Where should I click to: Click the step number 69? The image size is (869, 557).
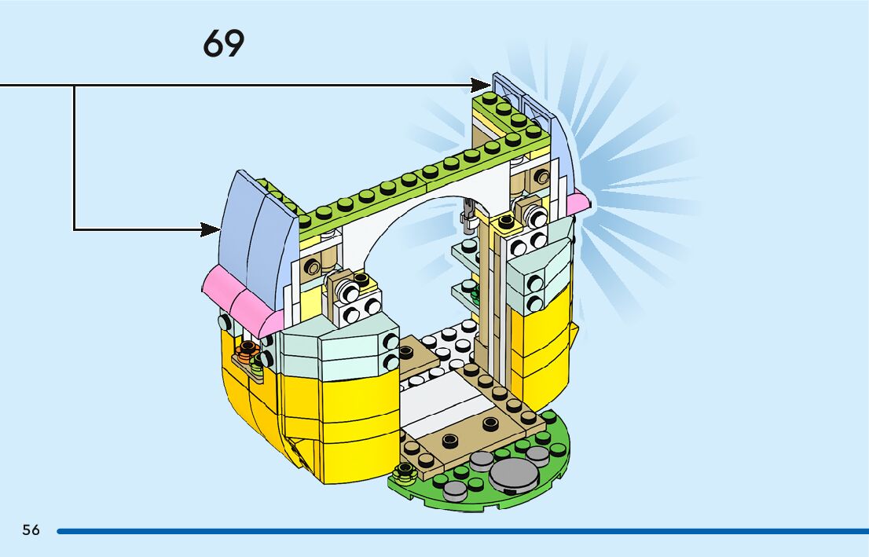(x=224, y=44)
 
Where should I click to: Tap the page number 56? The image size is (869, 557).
(x=31, y=530)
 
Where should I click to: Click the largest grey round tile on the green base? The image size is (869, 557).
(x=512, y=473)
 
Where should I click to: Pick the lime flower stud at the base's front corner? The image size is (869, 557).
(x=404, y=471)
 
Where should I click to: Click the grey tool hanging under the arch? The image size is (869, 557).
(x=467, y=215)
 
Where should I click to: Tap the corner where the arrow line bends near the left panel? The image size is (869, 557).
(x=75, y=229)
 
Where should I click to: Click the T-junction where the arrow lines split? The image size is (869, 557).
(x=75, y=85)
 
